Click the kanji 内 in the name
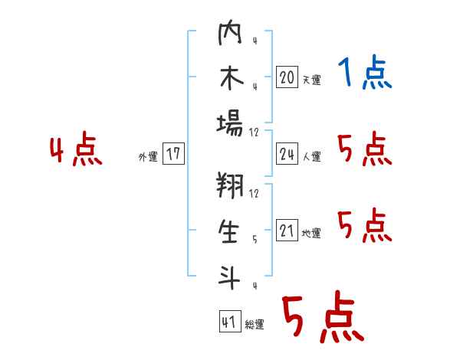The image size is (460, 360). tap(230, 32)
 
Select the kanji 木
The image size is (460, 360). tap(232, 77)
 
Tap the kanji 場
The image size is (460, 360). tap(230, 124)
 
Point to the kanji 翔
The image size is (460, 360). tap(230, 185)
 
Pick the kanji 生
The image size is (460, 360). tap(229, 231)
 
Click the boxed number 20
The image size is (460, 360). tap(287, 77)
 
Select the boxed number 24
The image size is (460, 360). tap(287, 154)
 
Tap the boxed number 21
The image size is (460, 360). tap(287, 230)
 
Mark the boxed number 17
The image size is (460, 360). tap(173, 153)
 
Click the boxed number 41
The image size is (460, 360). tap(230, 321)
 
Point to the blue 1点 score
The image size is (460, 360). tap(365, 72)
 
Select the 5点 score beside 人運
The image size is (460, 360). tap(365, 149)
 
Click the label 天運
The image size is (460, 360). tap(311, 80)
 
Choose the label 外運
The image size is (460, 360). tap(148, 157)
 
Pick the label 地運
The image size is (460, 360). tap(311, 233)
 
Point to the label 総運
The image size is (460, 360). tap(255, 324)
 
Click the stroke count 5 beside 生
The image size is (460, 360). tap(255, 240)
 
